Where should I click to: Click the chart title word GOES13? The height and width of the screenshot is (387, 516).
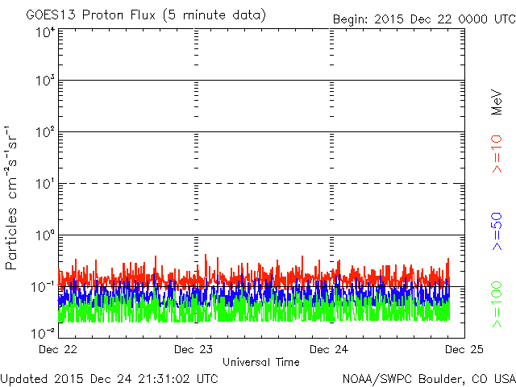coord(52,15)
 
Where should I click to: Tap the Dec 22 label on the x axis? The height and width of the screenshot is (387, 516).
coord(58,349)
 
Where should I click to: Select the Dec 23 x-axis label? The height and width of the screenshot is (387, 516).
coord(193,349)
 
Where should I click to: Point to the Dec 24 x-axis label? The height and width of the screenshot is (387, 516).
coord(329,349)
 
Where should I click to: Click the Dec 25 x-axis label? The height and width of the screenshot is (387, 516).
coord(464,349)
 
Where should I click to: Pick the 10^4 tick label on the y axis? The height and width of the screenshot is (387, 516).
coord(45,33)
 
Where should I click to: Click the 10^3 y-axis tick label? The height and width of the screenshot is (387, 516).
coord(45,81)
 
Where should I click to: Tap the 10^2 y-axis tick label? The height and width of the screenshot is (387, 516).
coord(45,132)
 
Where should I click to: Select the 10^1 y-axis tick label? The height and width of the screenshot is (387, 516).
coord(45,184)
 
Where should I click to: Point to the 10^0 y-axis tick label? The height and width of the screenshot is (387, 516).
coord(45,235)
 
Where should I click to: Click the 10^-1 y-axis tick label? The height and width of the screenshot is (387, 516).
coord(43,287)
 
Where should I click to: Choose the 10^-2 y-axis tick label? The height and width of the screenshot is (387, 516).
coord(43,333)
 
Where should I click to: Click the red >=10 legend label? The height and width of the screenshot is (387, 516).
coord(497,154)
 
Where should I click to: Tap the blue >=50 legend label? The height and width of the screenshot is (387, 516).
coord(497,231)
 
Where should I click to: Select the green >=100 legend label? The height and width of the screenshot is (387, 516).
coord(497,305)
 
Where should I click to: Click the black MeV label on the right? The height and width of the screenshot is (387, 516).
coord(497,102)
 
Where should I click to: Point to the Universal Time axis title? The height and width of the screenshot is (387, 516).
coord(261,362)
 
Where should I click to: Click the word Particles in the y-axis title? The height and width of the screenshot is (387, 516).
coord(10,239)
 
